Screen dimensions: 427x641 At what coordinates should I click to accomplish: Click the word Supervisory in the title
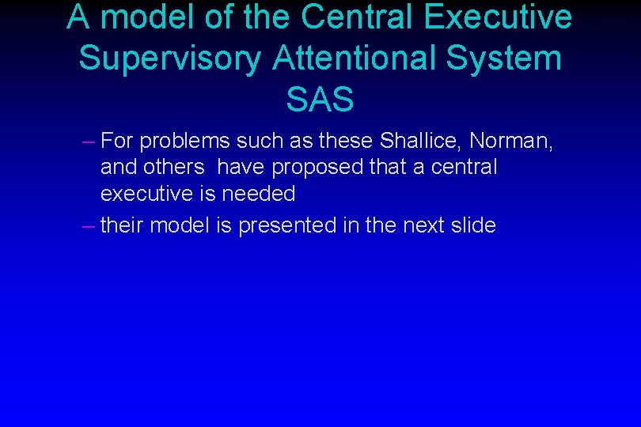click(x=169, y=59)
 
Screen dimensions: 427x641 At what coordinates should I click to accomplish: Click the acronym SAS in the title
click(x=320, y=100)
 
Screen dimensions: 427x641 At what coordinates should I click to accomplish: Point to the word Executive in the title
click(x=503, y=17)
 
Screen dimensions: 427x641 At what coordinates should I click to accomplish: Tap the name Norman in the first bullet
click(x=510, y=142)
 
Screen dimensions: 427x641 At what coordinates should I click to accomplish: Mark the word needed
click(x=259, y=194)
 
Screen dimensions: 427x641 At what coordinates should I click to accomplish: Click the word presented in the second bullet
click(x=287, y=226)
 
